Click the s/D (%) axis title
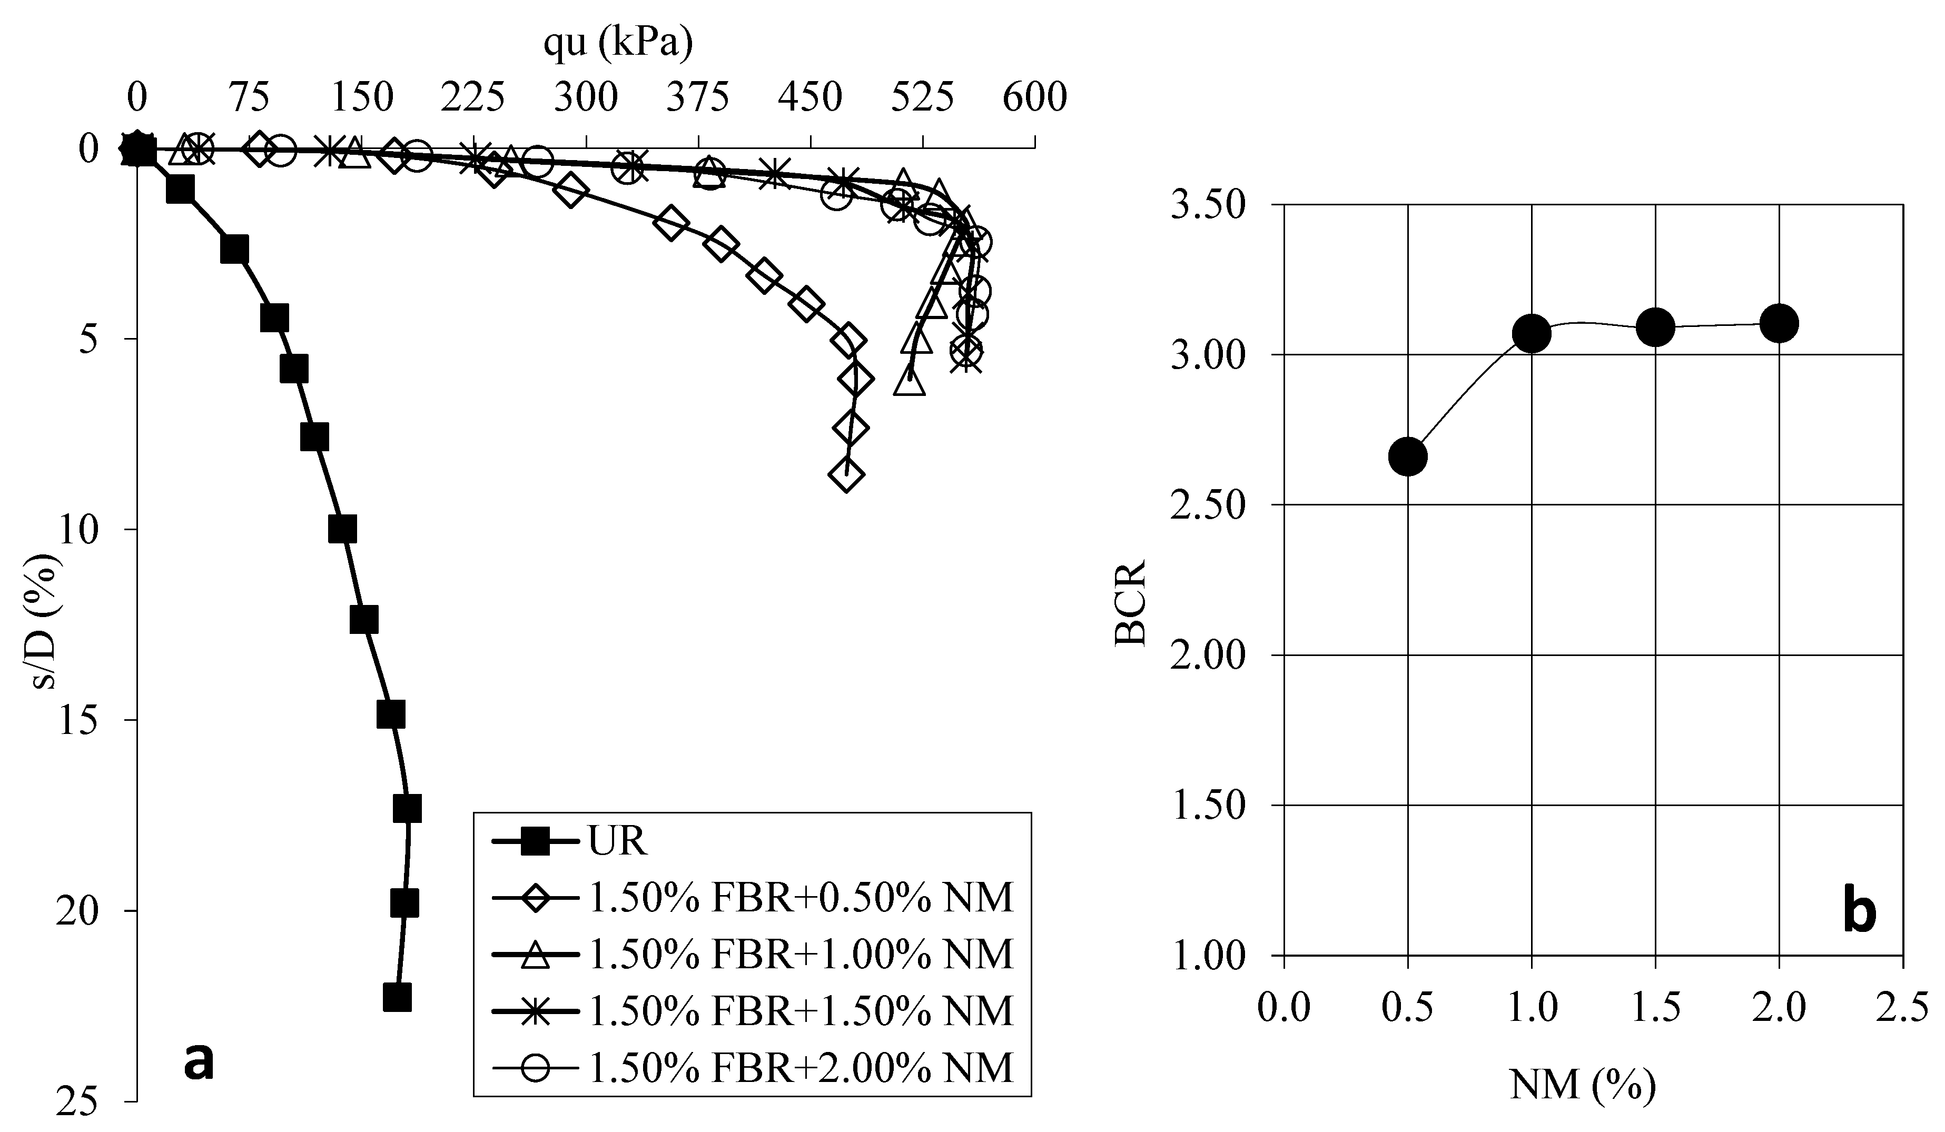coord(48,622)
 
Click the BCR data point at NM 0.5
coord(1408,457)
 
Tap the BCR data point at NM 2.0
coord(1779,323)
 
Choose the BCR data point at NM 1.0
coord(1532,333)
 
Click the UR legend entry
coord(617,842)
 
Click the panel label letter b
coord(1860,913)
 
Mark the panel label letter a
coord(199,1063)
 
